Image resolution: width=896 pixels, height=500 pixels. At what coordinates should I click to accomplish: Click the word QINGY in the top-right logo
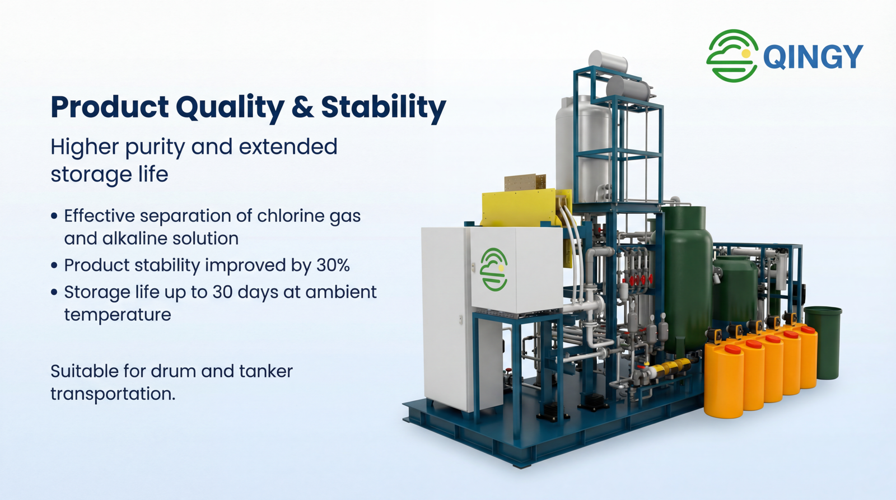pyautogui.click(x=813, y=57)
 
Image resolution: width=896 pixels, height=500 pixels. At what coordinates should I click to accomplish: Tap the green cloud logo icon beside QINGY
pyautogui.click(x=732, y=55)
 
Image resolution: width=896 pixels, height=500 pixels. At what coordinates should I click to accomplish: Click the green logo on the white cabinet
pyautogui.click(x=494, y=269)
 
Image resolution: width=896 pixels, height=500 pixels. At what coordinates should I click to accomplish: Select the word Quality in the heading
pyautogui.click(x=230, y=107)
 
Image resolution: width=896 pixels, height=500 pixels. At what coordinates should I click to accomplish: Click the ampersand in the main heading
pyautogui.click(x=303, y=107)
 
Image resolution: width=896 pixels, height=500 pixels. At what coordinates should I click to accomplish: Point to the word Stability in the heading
pyautogui.click(x=383, y=107)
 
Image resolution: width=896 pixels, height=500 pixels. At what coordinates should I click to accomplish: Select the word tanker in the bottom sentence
pyautogui.click(x=266, y=371)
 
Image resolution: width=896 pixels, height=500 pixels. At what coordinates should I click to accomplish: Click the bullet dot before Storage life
pyautogui.click(x=54, y=292)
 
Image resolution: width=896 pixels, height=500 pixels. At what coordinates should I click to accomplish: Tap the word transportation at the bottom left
pyautogui.click(x=113, y=394)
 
